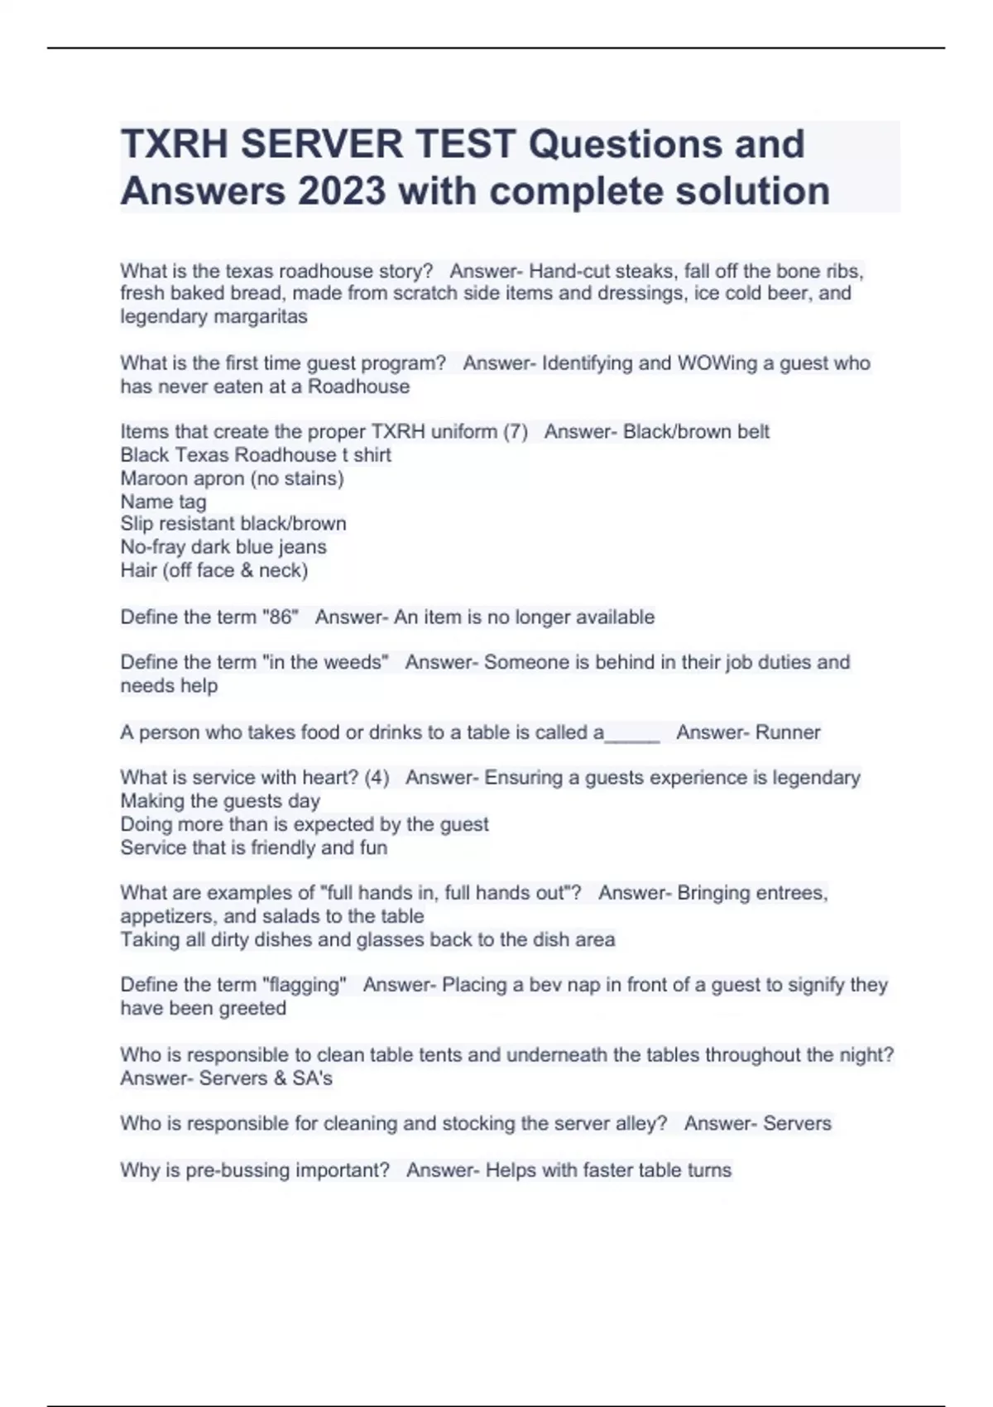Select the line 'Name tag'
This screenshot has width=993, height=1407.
coord(163,502)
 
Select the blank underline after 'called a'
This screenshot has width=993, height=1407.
coord(632,733)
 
